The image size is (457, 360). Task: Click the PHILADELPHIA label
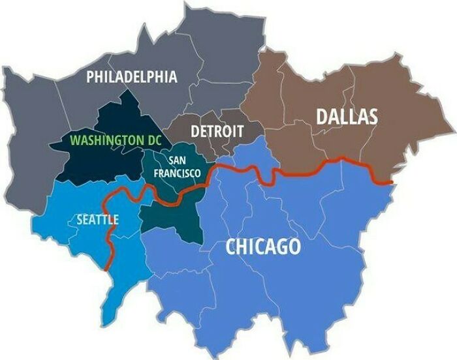point(131,77)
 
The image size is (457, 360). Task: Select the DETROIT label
point(217,131)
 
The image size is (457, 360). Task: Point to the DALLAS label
point(347,117)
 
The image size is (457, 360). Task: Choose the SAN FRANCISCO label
point(176,167)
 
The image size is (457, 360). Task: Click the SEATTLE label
point(97,219)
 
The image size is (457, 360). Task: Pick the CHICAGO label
point(263,247)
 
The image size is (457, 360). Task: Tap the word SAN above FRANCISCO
point(177,160)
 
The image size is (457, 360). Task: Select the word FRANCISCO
point(176,173)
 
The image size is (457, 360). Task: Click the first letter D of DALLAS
point(322,117)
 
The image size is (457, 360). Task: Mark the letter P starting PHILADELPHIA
point(91,77)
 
